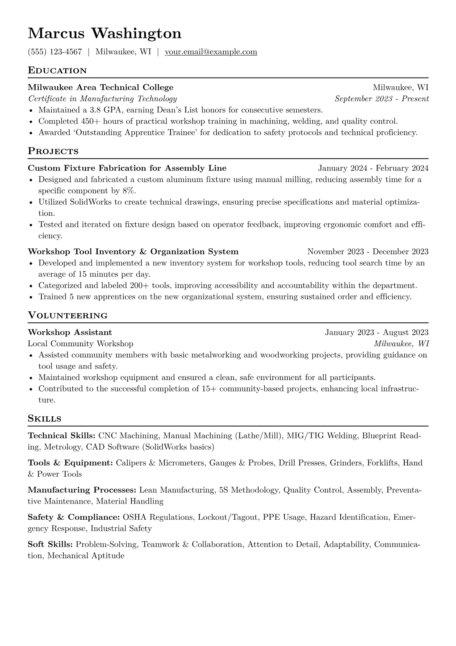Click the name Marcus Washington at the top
104,33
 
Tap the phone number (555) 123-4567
55,52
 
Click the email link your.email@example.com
211,52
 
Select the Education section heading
57,71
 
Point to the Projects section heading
53,151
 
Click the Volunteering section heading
67,316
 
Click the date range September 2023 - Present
381,99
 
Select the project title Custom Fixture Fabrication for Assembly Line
127,168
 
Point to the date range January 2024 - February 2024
373,168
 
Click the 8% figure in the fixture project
129,191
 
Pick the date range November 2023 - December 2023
367,252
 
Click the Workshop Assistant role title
70,332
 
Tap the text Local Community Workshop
80,344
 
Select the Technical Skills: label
62,436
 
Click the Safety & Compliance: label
74,517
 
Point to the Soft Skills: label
50,544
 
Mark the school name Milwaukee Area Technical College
101,88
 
